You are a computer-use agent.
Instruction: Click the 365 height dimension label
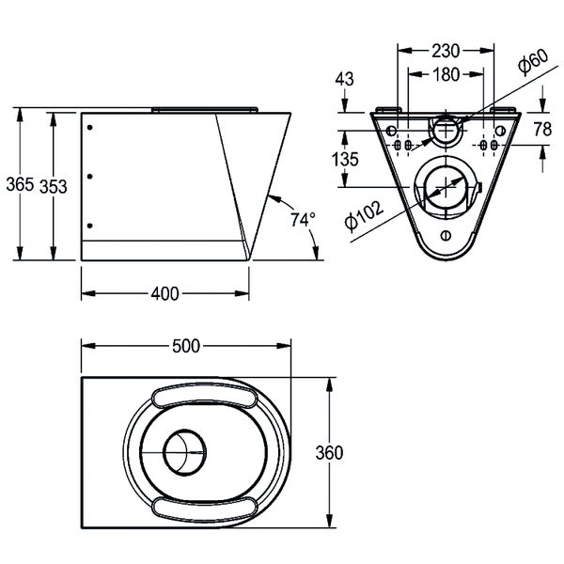pos(20,184)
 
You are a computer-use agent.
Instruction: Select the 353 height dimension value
pos(54,187)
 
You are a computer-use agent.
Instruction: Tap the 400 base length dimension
pos(164,294)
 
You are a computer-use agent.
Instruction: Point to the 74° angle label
pos(303,220)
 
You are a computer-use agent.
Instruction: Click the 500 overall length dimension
pos(186,346)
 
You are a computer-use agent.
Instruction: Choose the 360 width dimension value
pos(329,452)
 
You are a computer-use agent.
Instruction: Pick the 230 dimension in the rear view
pos(446,51)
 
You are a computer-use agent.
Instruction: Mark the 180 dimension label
pos(446,74)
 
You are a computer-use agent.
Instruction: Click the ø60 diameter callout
pos(533,61)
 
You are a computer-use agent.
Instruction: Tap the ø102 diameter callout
pos(364,215)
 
